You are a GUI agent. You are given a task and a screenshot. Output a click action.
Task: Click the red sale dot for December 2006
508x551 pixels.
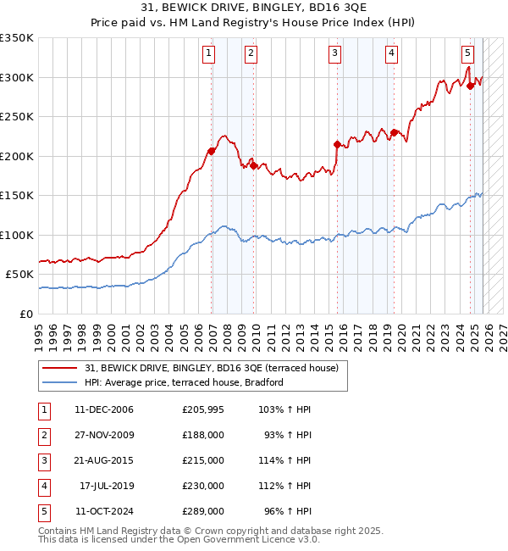pyautogui.click(x=211, y=151)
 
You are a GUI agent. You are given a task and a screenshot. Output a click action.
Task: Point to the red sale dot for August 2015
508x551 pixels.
pyautogui.click(x=337, y=144)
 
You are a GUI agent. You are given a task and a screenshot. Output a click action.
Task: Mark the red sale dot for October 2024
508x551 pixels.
pyautogui.click(x=470, y=86)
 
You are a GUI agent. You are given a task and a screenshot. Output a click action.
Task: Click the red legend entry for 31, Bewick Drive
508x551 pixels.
pyautogui.click(x=212, y=368)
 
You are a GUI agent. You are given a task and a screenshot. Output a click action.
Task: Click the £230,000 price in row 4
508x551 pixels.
pyautogui.click(x=203, y=486)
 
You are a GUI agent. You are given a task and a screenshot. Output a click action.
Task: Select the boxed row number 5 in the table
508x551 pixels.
pyautogui.click(x=41, y=511)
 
